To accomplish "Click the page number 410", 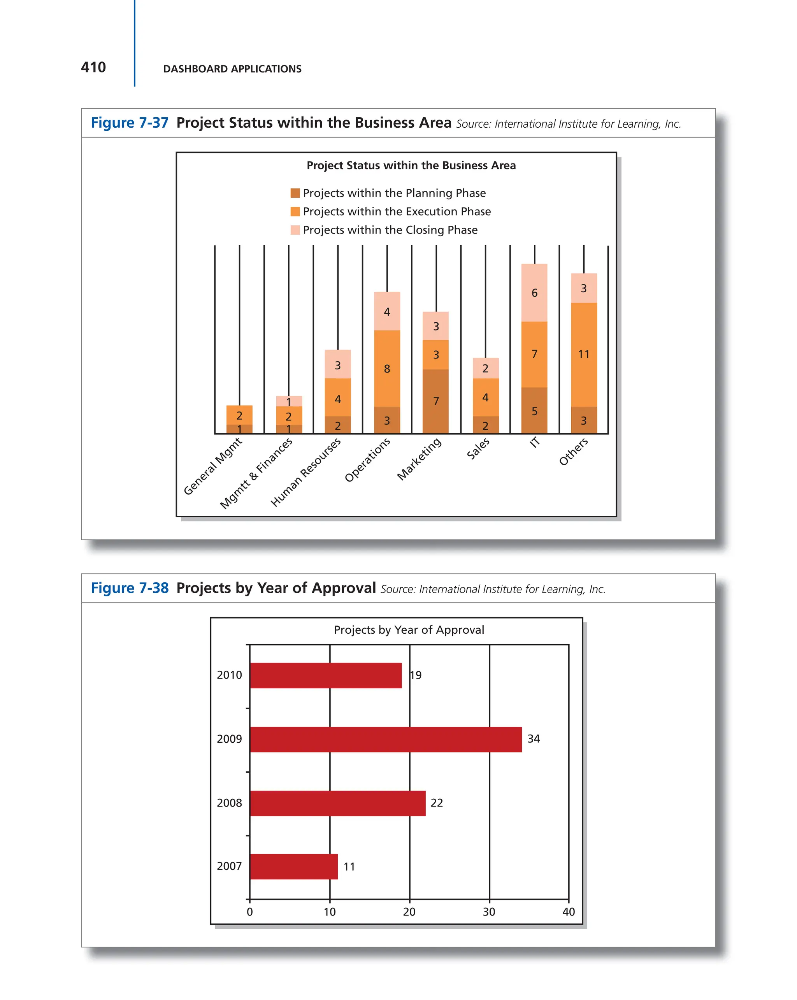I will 93,68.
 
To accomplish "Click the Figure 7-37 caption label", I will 129,123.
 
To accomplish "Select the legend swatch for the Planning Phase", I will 295,193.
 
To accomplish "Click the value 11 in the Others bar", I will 583,354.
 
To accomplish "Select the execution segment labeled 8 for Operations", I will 387,369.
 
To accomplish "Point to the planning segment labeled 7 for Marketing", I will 436,401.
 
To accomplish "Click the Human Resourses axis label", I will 306,472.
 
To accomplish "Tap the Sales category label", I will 478,448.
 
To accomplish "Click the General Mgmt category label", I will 213,466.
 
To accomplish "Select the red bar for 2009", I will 385,739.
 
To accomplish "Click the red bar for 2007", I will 293,866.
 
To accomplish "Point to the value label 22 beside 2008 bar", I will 436,803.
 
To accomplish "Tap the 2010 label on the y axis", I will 229,675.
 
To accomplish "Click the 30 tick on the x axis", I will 489,912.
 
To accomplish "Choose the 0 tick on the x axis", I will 249,912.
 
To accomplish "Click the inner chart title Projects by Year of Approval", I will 409,630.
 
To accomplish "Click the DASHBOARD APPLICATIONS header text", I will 232,69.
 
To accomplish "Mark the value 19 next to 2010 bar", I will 416,675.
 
